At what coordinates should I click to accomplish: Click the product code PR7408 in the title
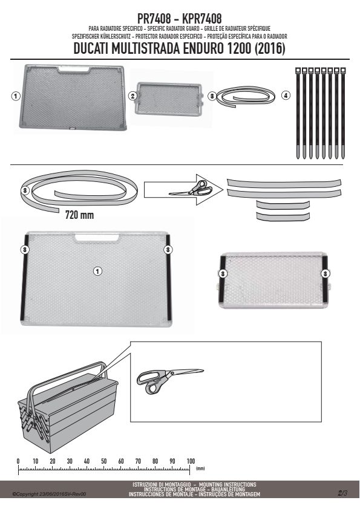coord(154,19)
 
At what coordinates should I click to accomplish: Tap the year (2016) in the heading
coord(270,48)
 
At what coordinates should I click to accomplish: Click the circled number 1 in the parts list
coord(16,96)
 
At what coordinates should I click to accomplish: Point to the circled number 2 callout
coord(133,96)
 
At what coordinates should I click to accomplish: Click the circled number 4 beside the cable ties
coord(286,96)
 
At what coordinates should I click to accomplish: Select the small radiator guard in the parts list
coord(169,98)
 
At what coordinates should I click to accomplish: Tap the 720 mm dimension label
coord(80,215)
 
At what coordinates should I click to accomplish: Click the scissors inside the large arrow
coord(191,189)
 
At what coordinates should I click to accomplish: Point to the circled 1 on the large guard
coord(97,271)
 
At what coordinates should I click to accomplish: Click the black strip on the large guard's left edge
coord(24,278)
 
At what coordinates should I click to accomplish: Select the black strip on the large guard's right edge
coord(168,277)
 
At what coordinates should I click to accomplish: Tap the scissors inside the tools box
coord(170,380)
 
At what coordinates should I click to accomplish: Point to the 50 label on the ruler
coord(103,461)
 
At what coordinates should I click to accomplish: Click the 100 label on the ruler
coord(191,461)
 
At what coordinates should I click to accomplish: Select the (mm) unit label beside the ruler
coord(200,468)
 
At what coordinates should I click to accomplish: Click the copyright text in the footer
coord(49,494)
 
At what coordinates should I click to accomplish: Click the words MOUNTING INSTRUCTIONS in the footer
coord(227,484)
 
